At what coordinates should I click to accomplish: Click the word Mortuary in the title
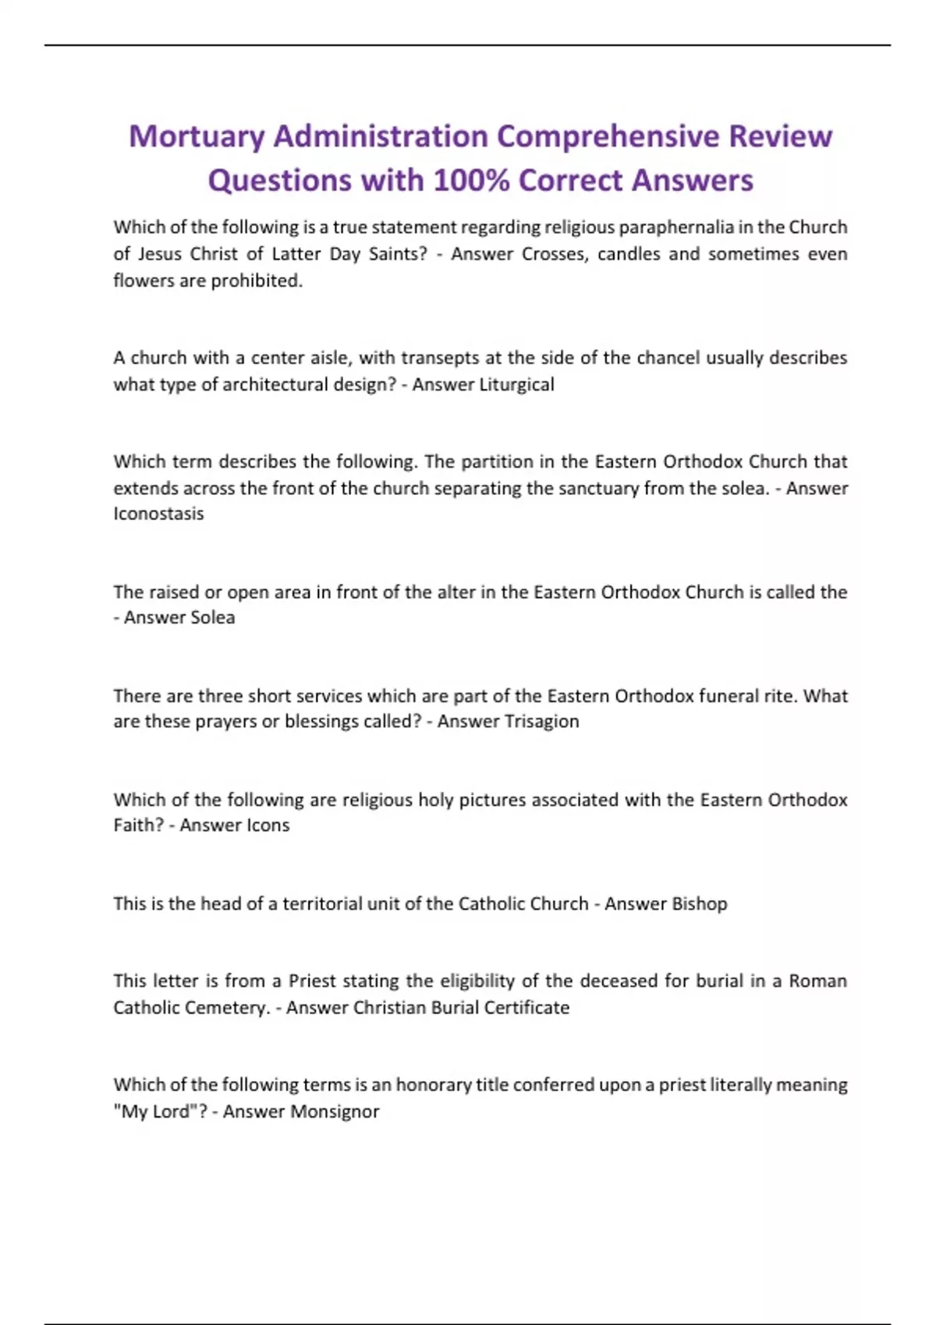[197, 137]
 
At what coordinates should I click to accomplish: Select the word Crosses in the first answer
[554, 254]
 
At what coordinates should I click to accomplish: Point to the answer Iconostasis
[158, 514]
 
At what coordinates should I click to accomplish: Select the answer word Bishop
[699, 903]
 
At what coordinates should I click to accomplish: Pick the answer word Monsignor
[335, 1111]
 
